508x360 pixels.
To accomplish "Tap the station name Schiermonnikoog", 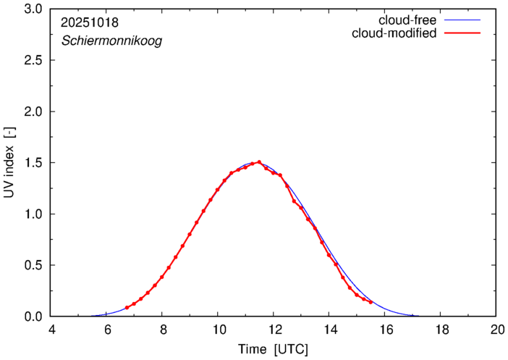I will point(111,41).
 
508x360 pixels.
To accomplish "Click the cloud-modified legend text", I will point(394,33).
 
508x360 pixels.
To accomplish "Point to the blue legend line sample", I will point(466,20).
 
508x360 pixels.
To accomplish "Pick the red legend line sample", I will point(466,33).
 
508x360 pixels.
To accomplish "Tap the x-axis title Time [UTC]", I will point(274,350).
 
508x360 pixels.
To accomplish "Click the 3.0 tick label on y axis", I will point(33,9).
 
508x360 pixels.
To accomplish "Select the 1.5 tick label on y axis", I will point(33,163).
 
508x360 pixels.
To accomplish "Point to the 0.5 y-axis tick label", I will point(33,265).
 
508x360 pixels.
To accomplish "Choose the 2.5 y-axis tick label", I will point(33,61).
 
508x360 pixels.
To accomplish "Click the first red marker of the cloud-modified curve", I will point(127,308).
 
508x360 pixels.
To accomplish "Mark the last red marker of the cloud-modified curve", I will point(371,302).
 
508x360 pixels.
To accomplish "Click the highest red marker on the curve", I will point(259,162).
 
